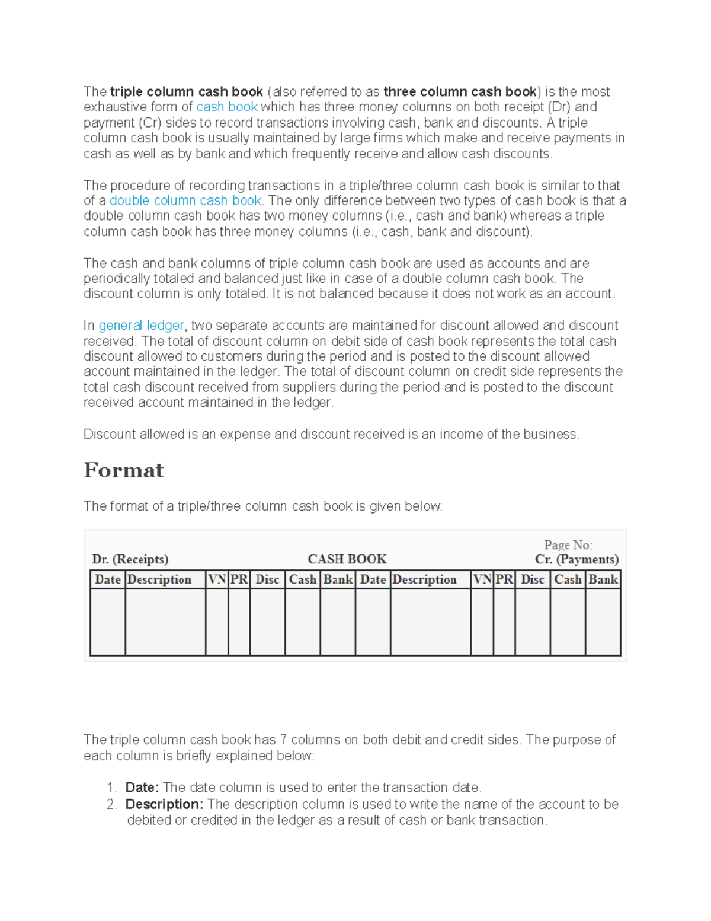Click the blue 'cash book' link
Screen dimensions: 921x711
(226, 107)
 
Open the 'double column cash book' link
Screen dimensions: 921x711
(185, 201)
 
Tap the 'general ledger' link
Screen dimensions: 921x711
(141, 326)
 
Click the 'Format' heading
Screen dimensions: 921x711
(123, 470)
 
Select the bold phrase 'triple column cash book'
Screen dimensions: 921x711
(186, 92)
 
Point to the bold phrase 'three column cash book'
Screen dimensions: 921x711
(460, 92)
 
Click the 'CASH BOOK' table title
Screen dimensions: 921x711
(347, 559)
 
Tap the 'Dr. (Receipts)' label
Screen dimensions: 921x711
(130, 559)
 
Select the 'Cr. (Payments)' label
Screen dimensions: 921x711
(577, 559)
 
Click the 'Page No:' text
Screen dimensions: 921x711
(568, 545)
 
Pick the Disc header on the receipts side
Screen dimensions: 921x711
(267, 579)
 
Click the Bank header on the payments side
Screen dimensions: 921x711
(603, 579)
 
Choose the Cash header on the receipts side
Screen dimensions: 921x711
(302, 579)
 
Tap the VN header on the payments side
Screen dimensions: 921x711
(482, 579)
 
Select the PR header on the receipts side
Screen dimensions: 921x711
(239, 579)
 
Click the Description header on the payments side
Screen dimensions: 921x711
(424, 579)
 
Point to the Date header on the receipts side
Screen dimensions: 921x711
(107, 579)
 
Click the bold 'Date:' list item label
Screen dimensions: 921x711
(142, 788)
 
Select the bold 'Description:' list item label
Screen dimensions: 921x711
(164, 804)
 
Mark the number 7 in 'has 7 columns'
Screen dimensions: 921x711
(283, 740)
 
